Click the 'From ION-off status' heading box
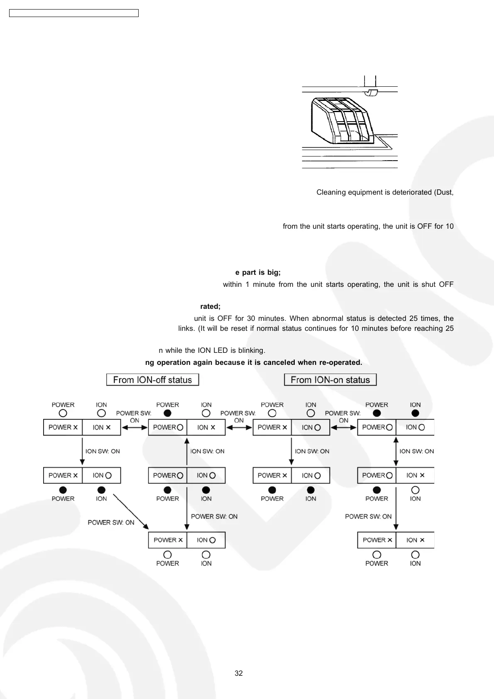pyautogui.click(x=152, y=380)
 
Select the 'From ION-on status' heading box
pyautogui.click(x=330, y=380)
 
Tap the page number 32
pyautogui.click(x=239, y=673)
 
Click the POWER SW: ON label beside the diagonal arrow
pyautogui.click(x=111, y=523)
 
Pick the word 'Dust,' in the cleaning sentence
pyautogui.click(x=444, y=192)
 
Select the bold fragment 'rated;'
pyautogui.click(x=210, y=306)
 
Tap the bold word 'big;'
pyautogui.click(x=274, y=272)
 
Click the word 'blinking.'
pyautogui.click(x=252, y=350)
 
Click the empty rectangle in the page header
pyautogui.click(x=74, y=13)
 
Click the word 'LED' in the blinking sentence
pyautogui.click(x=220, y=350)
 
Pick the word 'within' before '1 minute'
pyautogui.click(x=232, y=284)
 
